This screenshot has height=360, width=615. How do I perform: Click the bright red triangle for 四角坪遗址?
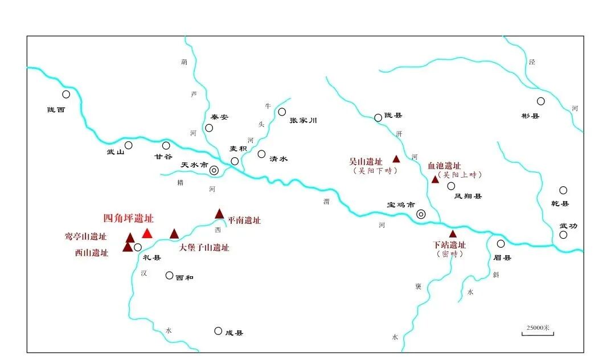(x=147, y=233)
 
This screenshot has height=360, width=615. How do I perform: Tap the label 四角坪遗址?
(x=128, y=218)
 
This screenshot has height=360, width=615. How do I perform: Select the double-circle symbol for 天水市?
(x=214, y=170)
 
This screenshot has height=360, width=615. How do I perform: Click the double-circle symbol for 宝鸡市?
(x=421, y=214)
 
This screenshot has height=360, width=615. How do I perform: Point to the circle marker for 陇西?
(x=66, y=95)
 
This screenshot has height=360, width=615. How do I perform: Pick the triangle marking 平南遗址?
(x=220, y=214)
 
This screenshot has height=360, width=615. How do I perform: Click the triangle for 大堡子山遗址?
(x=174, y=234)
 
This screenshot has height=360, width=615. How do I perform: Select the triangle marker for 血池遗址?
(x=435, y=179)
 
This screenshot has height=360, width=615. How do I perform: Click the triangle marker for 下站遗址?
(x=453, y=234)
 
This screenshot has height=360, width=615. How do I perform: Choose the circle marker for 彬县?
(x=540, y=101)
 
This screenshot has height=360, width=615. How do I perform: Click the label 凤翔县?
(x=468, y=197)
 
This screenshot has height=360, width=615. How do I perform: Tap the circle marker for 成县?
(x=218, y=331)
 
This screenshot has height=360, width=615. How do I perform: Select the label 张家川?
(x=303, y=120)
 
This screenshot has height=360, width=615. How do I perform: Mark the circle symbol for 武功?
(x=563, y=235)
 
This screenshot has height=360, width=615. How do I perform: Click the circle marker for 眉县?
(x=501, y=244)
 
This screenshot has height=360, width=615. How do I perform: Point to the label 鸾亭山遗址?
(x=85, y=236)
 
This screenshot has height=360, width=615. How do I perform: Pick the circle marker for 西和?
(x=169, y=276)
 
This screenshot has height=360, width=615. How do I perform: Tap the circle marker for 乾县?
(x=563, y=190)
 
